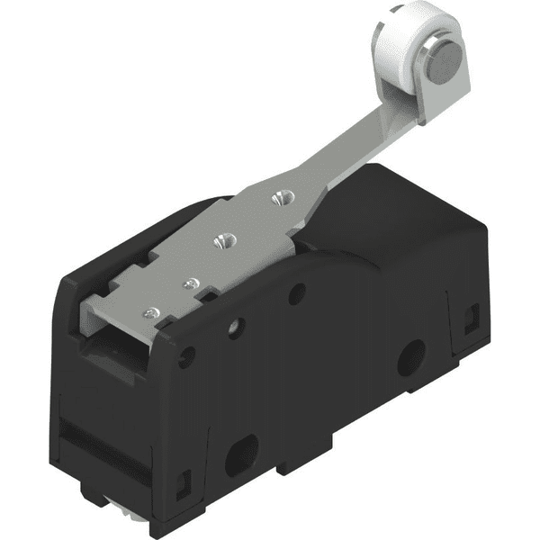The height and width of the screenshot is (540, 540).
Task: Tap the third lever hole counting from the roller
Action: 189,283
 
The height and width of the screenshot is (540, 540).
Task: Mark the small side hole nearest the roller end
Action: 298,292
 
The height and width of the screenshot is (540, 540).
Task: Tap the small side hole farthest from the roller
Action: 186,359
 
